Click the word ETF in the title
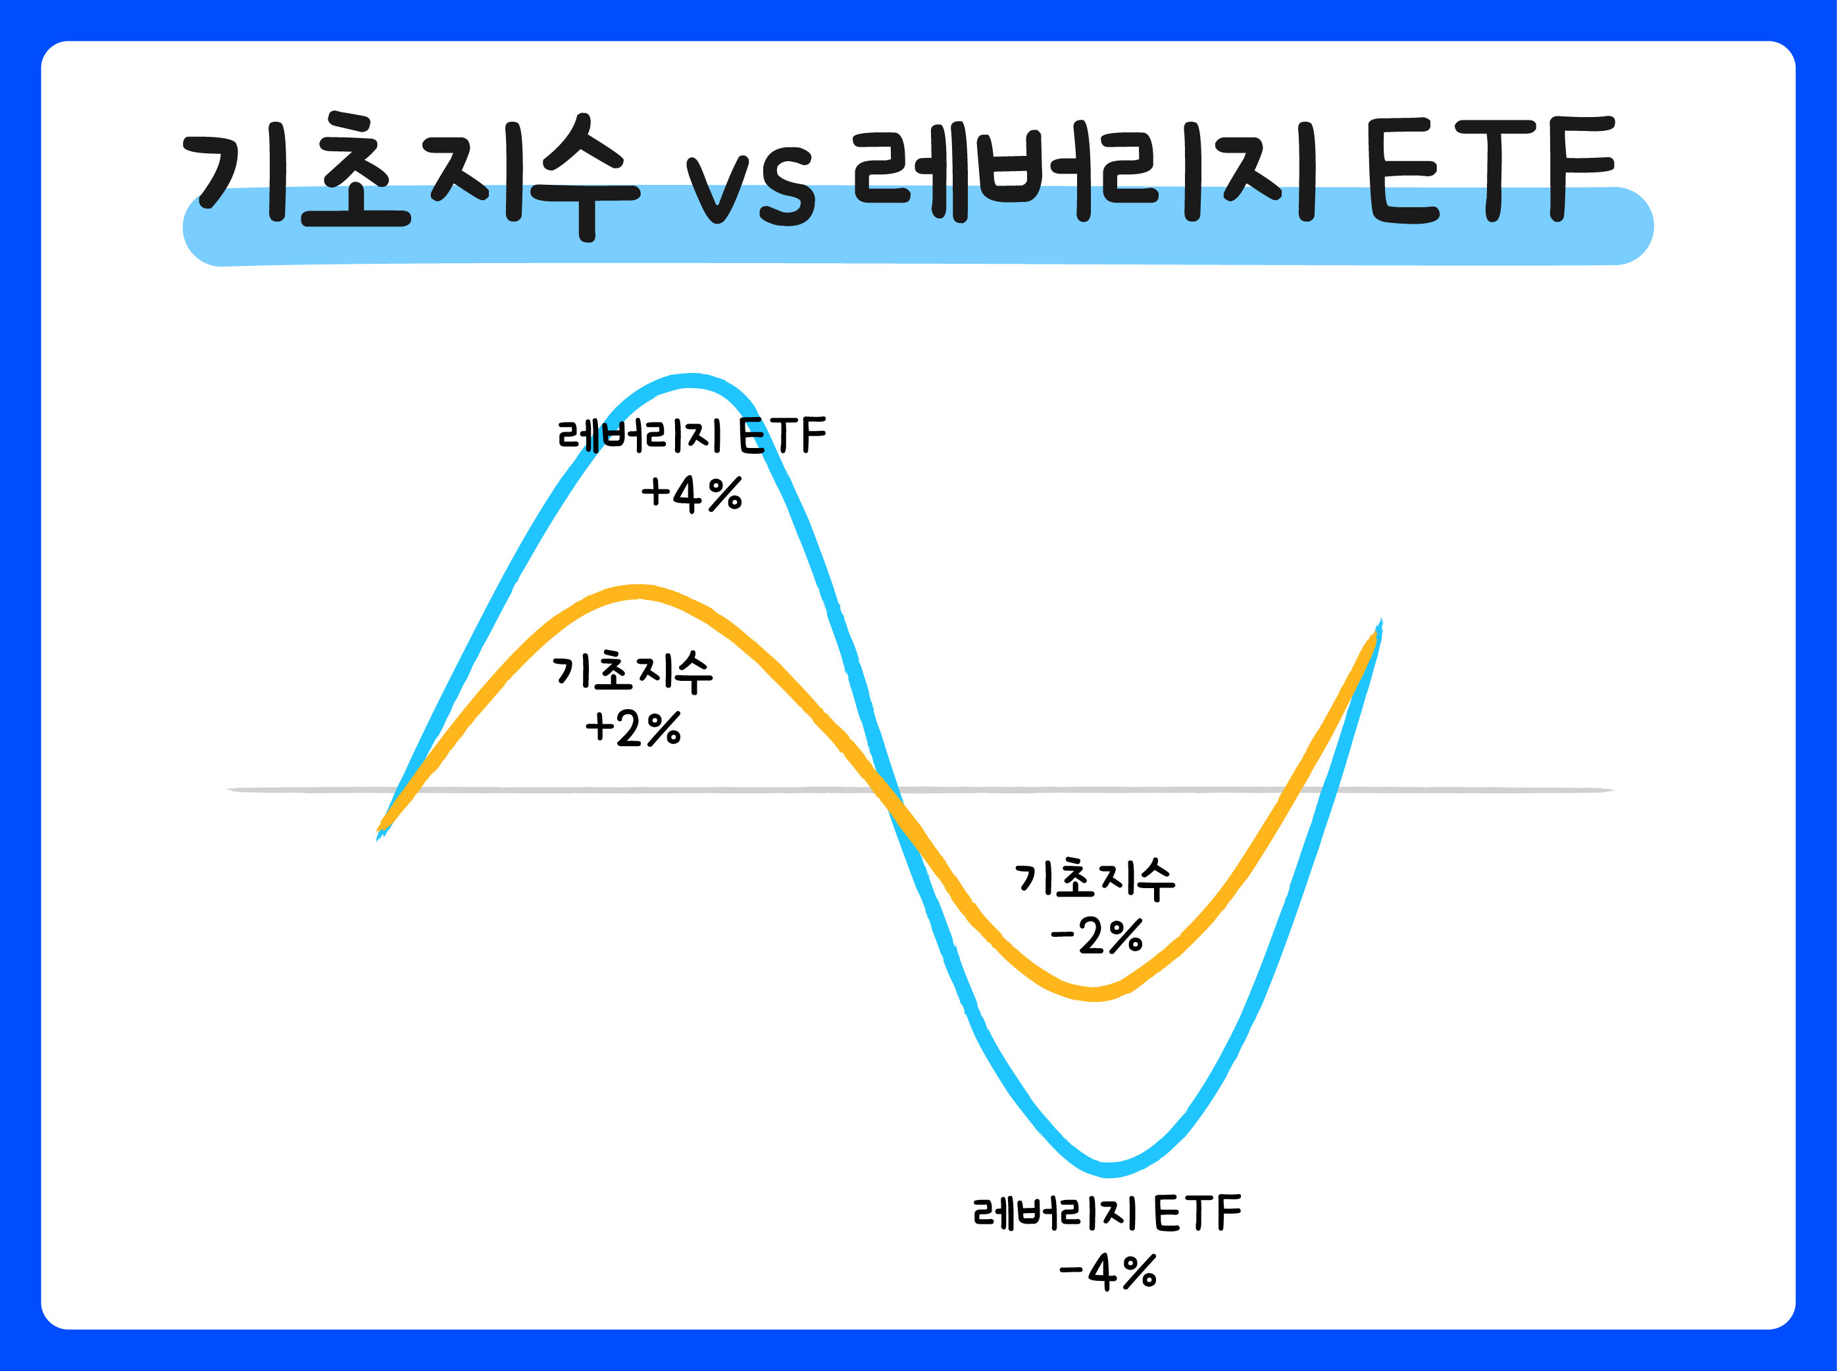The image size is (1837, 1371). pos(1490,170)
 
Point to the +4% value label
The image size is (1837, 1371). pos(692,494)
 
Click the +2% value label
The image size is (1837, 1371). pos(634,729)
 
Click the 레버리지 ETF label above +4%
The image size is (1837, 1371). pos(692,436)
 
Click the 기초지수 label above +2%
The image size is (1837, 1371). pos(632,672)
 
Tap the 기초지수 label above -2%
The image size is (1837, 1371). pos(1095,880)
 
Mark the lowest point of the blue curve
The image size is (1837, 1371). pos(1109,1170)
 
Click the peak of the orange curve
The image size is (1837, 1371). pos(638,591)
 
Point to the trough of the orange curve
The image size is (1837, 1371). pos(1094,994)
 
